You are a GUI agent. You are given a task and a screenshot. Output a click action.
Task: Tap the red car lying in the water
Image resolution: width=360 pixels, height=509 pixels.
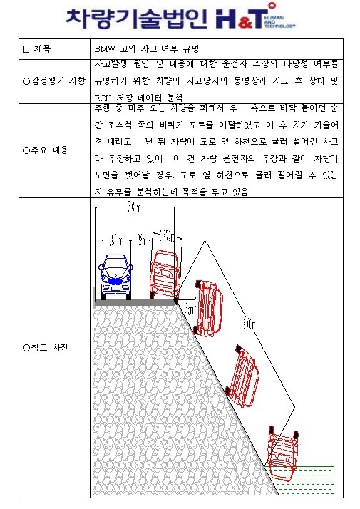(x=283, y=453)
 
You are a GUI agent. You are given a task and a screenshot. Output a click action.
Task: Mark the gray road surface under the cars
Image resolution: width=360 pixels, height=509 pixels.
(x=135, y=302)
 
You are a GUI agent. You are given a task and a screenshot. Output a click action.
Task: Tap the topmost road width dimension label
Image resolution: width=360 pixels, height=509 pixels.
(x=133, y=207)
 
